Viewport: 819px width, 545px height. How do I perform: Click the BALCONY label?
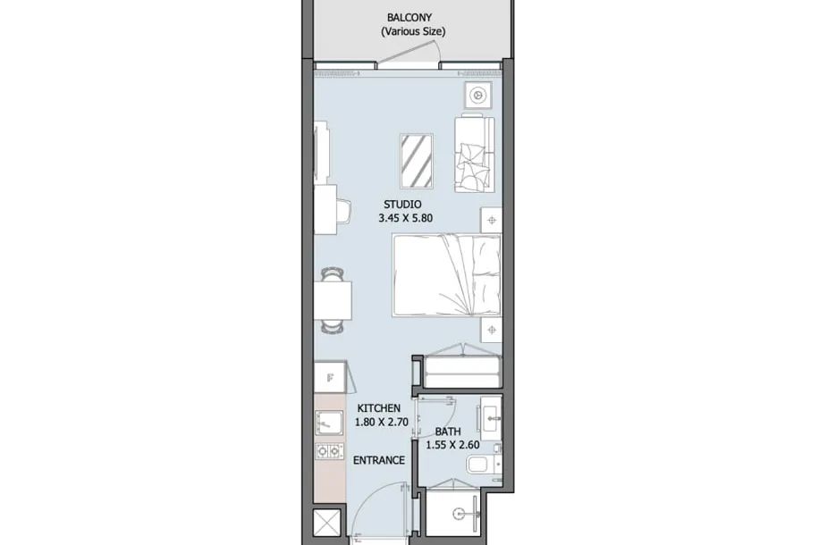coord(409,18)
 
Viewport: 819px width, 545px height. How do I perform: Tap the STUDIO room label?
coord(402,205)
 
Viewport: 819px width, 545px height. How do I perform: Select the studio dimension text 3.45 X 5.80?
coord(405,218)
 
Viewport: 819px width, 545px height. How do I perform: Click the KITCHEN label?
coord(379,408)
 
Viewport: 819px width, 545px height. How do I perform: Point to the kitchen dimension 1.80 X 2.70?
coord(381,422)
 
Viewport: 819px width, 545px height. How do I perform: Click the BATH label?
coord(448,432)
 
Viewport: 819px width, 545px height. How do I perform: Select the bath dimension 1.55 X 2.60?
coord(452,445)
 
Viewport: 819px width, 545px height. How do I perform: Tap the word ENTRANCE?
coord(379,460)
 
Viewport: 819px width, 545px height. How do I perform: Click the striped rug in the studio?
coord(417,161)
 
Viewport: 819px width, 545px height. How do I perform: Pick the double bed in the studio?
coord(446,275)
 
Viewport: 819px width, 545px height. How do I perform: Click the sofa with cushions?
coord(474,154)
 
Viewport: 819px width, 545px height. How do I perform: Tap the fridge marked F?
coord(330,377)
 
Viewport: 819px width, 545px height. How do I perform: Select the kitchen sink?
coord(329,423)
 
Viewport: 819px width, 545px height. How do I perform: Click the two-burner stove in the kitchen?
coord(329,451)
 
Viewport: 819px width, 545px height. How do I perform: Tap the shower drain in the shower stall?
coord(458,514)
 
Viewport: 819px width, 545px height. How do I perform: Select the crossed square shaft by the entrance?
coord(326,522)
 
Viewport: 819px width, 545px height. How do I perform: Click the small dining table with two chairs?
coord(333,301)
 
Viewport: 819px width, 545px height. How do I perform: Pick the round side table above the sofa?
coord(478,96)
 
